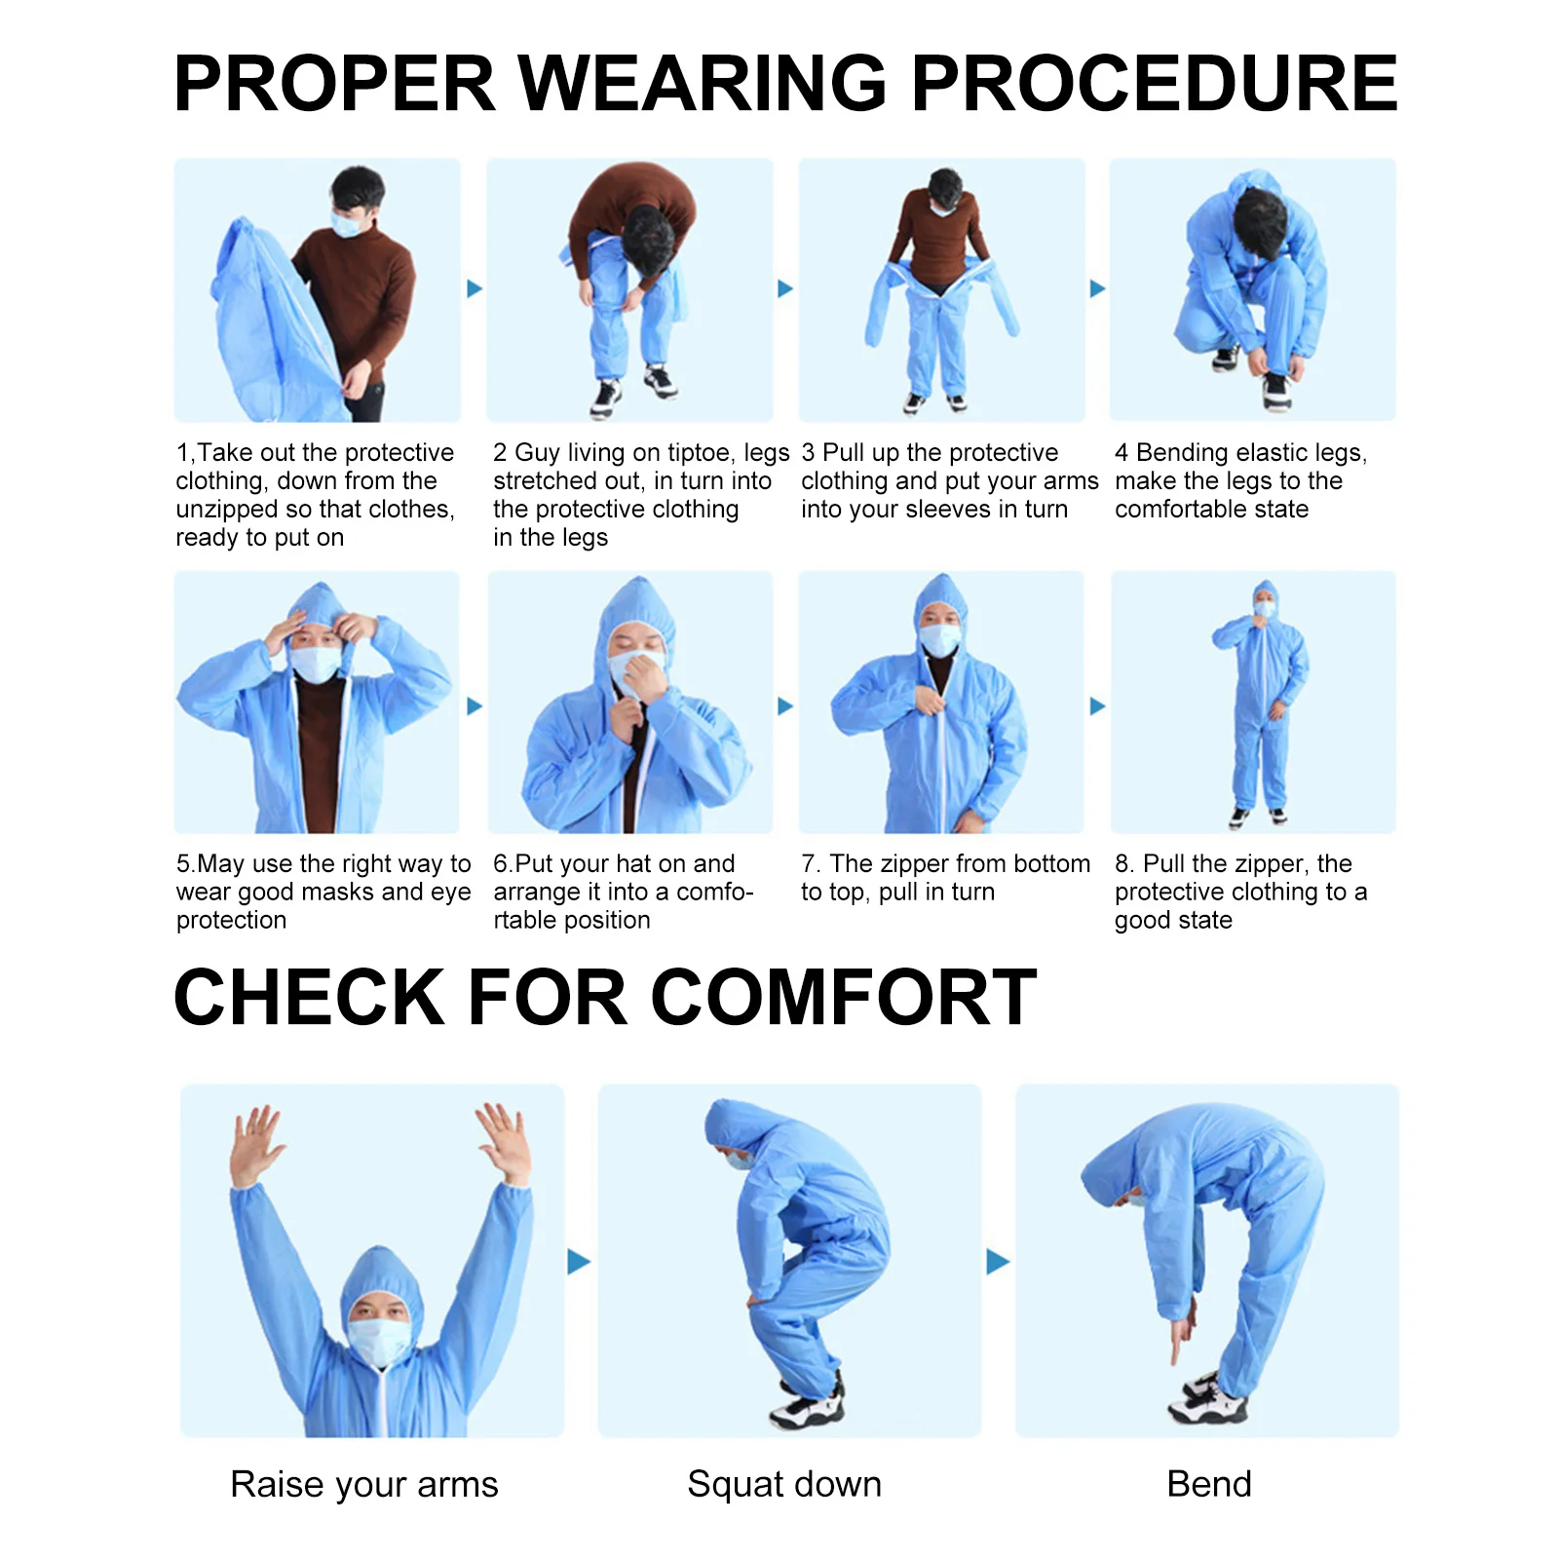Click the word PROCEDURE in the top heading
[1154, 84]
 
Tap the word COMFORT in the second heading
[843, 998]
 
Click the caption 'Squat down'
[783, 1484]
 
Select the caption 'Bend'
[1208, 1484]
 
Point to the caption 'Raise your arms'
[363, 1484]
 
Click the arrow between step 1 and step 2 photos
[475, 288]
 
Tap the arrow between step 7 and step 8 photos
[1097, 706]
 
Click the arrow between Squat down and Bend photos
[998, 1262]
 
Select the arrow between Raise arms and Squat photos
[579, 1262]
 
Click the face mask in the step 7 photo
[940, 639]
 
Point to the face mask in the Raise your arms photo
[379, 1340]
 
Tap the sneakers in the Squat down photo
[807, 1403]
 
